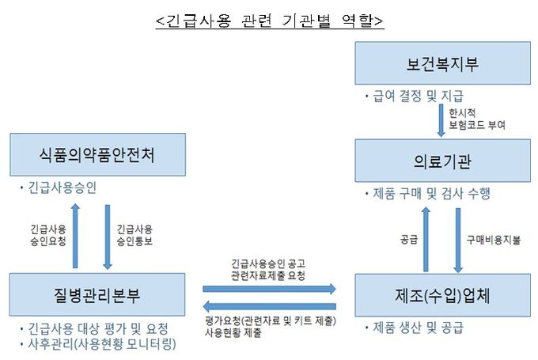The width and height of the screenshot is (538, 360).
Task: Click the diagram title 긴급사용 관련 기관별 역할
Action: click(x=269, y=21)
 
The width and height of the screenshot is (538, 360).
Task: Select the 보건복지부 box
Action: click(x=441, y=63)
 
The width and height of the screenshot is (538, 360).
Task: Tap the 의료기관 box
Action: click(x=441, y=161)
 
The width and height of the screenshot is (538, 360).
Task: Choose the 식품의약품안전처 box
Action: click(x=97, y=155)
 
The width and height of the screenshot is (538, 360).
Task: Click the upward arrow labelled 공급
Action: click(x=425, y=238)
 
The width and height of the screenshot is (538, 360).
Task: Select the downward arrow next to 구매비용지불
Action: click(x=457, y=238)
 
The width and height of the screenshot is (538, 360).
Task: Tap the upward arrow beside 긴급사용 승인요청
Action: click(x=76, y=235)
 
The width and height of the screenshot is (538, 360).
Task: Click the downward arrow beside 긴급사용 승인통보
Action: click(x=108, y=235)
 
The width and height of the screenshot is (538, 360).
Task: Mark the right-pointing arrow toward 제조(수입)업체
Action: click(x=270, y=289)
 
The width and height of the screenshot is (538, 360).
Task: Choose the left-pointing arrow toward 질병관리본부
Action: click(x=270, y=305)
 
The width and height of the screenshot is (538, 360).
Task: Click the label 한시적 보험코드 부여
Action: click(x=475, y=119)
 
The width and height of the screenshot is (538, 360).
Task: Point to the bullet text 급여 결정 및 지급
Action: click(x=411, y=96)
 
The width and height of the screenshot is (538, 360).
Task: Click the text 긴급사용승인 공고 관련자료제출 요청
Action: click(x=269, y=269)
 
